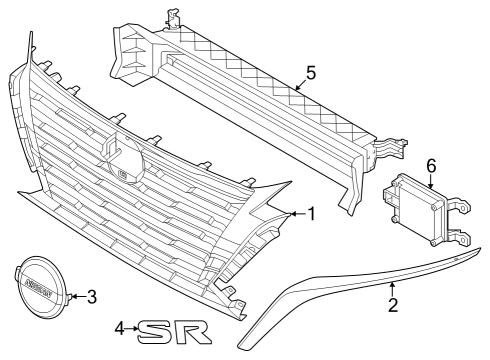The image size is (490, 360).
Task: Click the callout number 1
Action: point(311,213)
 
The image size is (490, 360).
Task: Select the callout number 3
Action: point(91,296)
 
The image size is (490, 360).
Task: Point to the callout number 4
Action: point(119,327)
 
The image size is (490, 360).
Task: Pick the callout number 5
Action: point(310,72)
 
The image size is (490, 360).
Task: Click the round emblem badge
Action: point(38,284)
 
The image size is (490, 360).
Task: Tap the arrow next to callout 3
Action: point(76,296)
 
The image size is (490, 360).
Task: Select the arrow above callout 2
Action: point(389,285)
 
